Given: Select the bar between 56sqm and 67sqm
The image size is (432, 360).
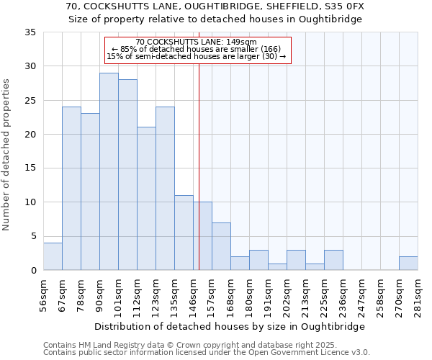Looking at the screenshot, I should click(x=53, y=256).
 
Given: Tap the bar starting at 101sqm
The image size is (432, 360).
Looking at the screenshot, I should click(x=127, y=175).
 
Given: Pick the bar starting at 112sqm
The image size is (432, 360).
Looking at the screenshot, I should click(x=146, y=199).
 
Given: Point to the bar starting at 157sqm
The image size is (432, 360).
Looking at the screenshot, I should click(x=221, y=246).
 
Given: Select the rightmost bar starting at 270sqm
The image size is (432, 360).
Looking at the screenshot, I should click(x=408, y=264).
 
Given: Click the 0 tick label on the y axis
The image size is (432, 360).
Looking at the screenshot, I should click(x=33, y=271).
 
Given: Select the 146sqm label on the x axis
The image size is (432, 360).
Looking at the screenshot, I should click(x=193, y=294).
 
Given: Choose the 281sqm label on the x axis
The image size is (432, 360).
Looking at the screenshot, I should click(x=418, y=294).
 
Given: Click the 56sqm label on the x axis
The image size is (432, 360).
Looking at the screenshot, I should click(x=43, y=294).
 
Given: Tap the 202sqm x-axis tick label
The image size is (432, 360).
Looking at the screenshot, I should click(x=287, y=294).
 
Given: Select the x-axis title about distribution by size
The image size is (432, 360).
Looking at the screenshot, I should click(x=230, y=326).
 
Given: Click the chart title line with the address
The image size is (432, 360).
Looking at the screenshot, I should click(x=215, y=6).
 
